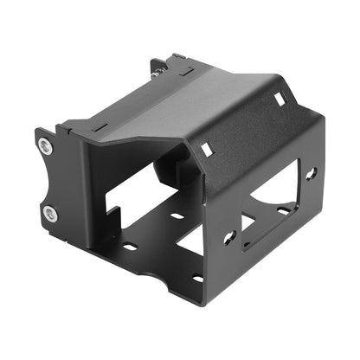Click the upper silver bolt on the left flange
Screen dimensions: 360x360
(45, 147)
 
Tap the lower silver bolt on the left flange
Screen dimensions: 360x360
(49, 212)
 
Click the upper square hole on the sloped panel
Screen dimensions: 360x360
(280, 100)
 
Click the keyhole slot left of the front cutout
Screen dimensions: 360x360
(229, 235)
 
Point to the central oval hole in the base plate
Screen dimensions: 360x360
(177, 216)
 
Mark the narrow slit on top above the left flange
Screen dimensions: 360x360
(100, 126)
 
